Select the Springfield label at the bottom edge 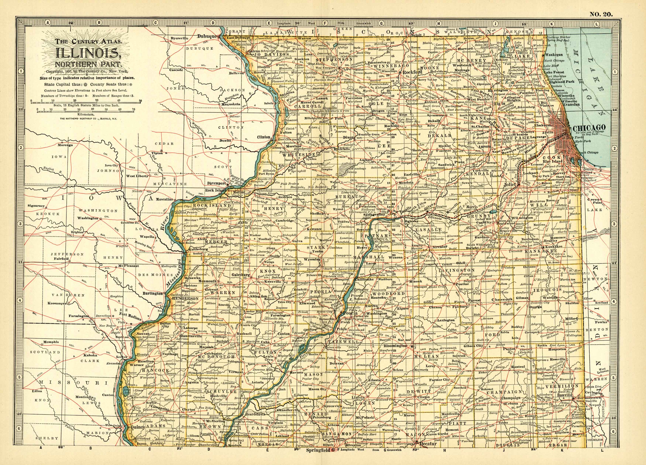point(318,450)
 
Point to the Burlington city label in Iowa point(153,293)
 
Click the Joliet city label point(510,184)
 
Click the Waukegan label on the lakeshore point(553,55)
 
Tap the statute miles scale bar point(85,102)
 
